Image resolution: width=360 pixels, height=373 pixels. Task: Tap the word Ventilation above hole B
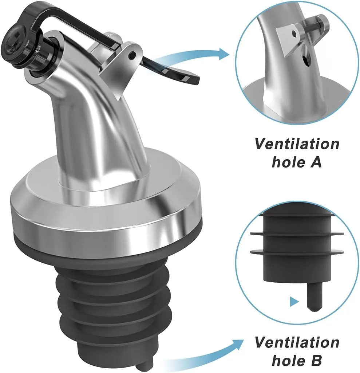tap(297, 342)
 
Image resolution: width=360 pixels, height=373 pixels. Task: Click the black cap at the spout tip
tap(16, 56)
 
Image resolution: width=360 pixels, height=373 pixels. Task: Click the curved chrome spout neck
tap(91, 120)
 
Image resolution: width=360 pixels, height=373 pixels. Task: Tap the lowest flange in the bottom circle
tap(297, 251)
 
